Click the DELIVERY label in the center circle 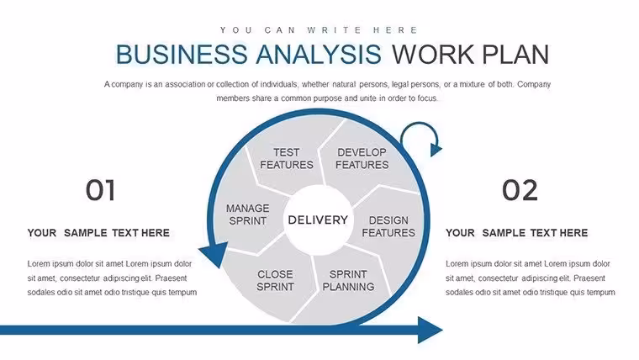pos(318,220)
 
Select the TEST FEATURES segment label pos(287,159)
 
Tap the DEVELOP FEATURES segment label pos(362,159)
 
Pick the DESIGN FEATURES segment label pos(388,226)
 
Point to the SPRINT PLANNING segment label pos(348,280)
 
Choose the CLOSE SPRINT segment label pos(275,280)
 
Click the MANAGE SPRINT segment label pos(248,214)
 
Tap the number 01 pos(100,190)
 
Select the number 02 pos(520,190)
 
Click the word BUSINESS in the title pos(182,54)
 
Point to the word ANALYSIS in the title pos(319,54)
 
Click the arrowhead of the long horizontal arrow pos(430,330)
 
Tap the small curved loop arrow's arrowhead pos(436,149)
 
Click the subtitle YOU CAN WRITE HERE pos(319,30)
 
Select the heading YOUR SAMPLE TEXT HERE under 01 pos(98,233)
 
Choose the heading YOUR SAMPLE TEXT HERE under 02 pos(516,233)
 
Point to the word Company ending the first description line pos(534,84)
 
